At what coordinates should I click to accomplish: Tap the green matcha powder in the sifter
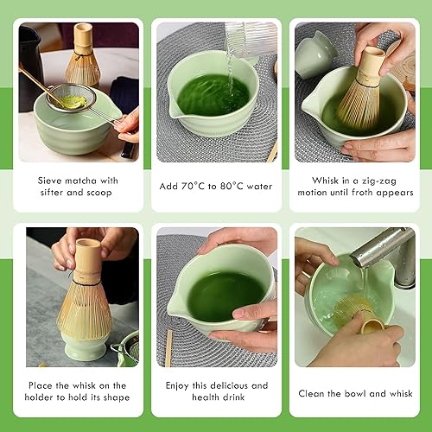tap(73, 102)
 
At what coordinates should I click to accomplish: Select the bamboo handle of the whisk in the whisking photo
tap(371, 67)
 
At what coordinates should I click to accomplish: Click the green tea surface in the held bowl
tap(226, 296)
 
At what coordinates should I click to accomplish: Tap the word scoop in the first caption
tap(99, 193)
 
